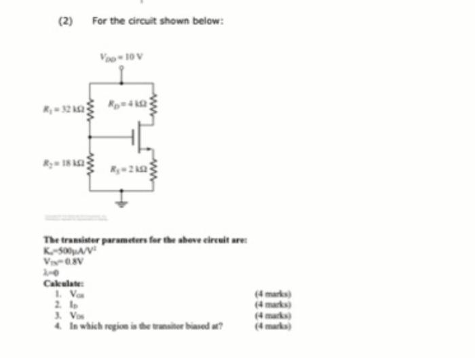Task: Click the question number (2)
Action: pos(65,21)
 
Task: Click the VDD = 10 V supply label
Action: pos(122,57)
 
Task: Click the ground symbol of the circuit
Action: pos(122,202)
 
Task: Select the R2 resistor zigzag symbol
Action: pos(90,165)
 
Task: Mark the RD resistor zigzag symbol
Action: pos(153,104)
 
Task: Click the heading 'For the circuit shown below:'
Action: pos(158,21)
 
